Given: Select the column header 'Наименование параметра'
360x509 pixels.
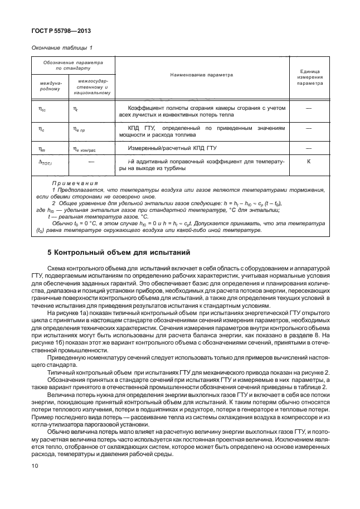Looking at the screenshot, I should [202, 75].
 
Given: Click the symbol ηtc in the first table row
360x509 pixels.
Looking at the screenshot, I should [42, 110].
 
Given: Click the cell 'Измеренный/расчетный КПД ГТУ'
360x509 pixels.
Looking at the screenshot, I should [167, 148].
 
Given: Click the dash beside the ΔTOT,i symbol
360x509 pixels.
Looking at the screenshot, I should [91, 161].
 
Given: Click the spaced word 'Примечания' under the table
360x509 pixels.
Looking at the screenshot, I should [75, 183].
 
